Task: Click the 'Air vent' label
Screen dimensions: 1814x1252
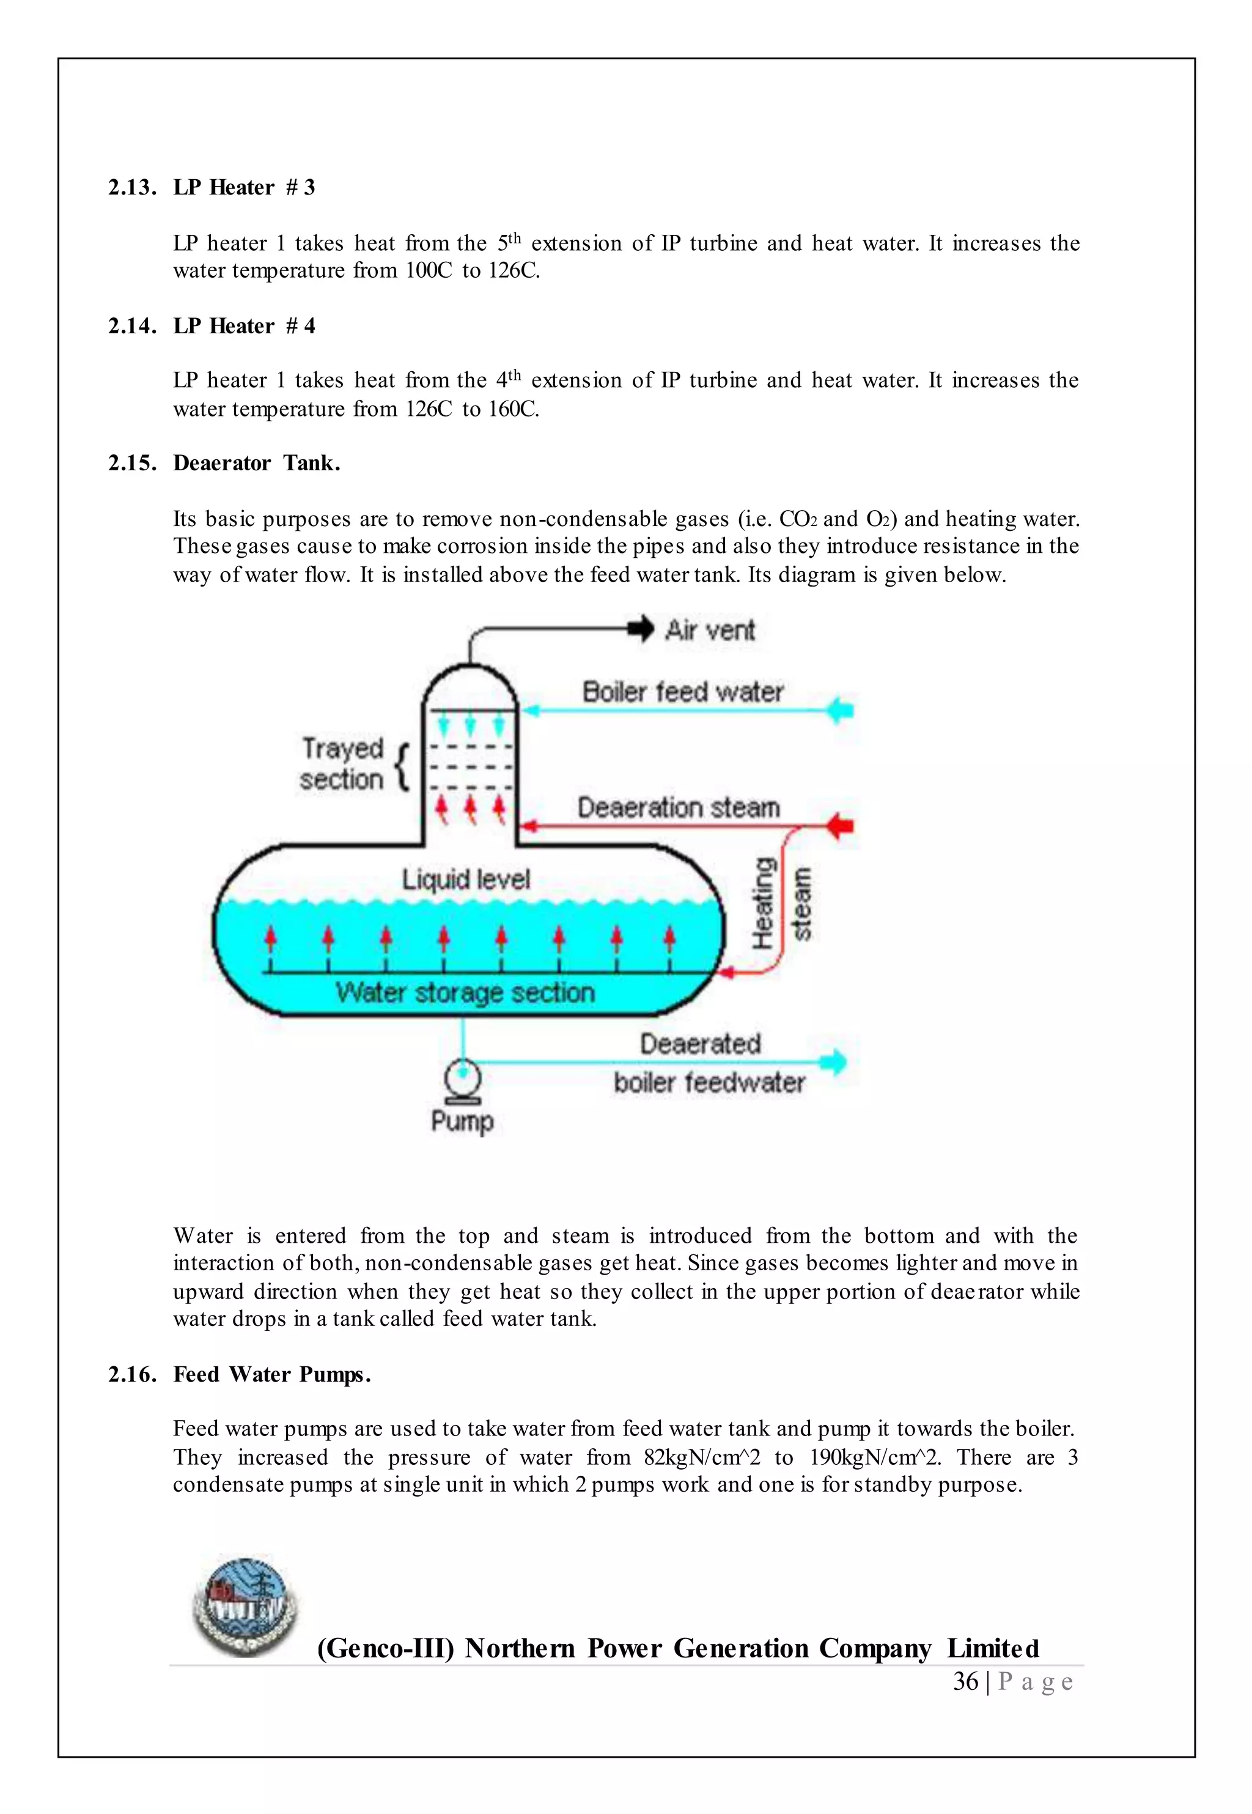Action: click(x=709, y=630)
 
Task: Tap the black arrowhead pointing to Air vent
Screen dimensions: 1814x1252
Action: click(x=642, y=629)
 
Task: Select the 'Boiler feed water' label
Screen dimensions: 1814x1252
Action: click(x=682, y=692)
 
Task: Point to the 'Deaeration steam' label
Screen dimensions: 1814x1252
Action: click(x=679, y=807)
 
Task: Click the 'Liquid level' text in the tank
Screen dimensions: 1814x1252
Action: click(x=466, y=879)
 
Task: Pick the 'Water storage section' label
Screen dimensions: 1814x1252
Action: click(x=465, y=993)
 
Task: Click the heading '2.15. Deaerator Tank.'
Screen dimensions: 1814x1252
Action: click(x=224, y=463)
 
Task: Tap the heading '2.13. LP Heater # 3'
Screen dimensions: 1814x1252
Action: click(x=211, y=188)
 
